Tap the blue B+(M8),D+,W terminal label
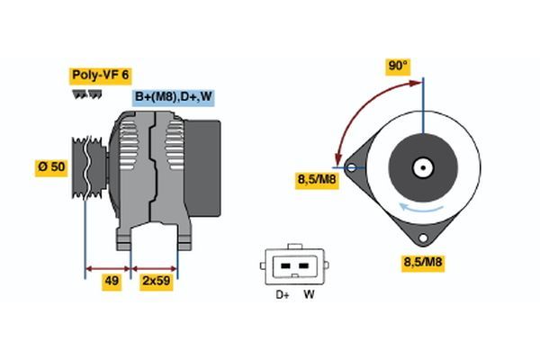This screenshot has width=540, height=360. [174, 97]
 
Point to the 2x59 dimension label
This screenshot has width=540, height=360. [156, 281]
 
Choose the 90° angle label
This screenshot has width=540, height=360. [397, 67]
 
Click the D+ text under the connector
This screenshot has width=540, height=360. [282, 294]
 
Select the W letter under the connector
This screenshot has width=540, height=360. [308, 294]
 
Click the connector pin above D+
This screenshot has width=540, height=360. [284, 267]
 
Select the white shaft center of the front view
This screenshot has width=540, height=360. [421, 167]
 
